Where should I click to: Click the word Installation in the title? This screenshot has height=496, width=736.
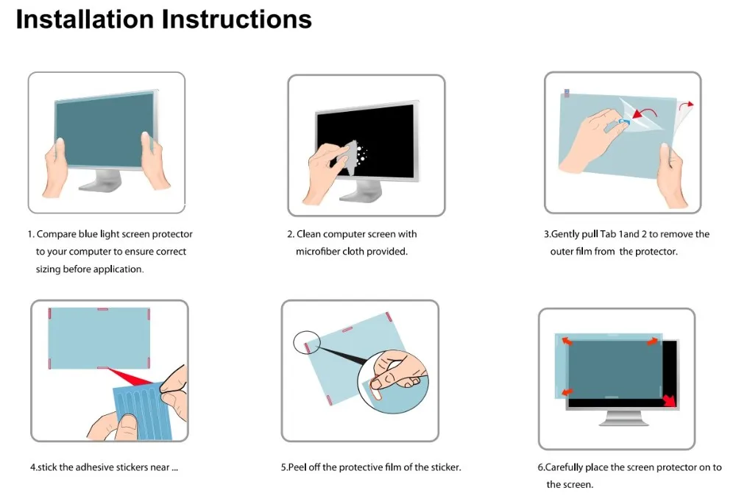point(85,19)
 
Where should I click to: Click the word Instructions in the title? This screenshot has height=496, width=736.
point(237,19)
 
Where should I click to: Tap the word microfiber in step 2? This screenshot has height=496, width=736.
point(317,252)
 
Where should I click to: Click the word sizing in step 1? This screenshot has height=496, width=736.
point(48,269)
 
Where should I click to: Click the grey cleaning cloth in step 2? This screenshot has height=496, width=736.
point(347,157)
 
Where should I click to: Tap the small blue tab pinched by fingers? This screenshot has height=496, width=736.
point(623,122)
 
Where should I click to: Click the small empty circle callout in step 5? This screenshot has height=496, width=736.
point(306,342)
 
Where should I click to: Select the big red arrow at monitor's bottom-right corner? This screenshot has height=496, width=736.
point(669,400)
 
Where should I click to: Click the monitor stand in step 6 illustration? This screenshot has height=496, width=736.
point(624,418)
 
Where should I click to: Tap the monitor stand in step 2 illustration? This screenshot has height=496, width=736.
point(361,191)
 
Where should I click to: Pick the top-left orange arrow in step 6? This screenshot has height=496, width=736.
point(567,341)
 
